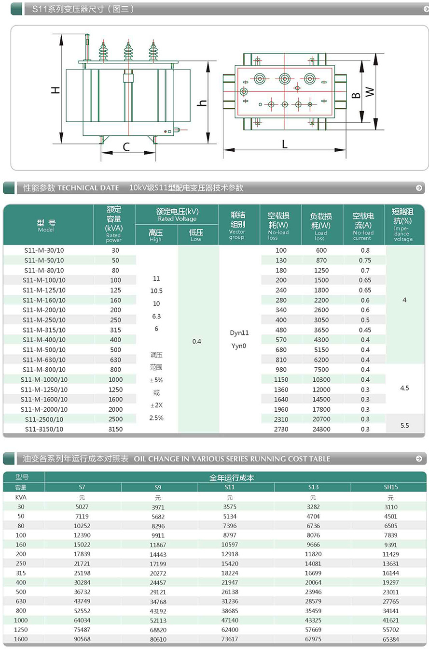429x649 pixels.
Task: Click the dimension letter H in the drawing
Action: [56, 89]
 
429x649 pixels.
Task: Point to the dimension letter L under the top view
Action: [284, 144]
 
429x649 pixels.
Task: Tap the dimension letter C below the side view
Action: [126, 147]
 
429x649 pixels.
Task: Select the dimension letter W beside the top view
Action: [370, 91]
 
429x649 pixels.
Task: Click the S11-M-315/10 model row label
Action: [44, 330]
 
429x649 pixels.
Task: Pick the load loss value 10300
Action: [321, 379]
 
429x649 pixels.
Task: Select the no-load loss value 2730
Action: [281, 429]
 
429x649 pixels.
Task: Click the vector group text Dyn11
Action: [240, 333]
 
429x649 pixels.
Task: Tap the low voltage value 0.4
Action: [197, 341]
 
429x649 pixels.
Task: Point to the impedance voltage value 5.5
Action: [404, 425]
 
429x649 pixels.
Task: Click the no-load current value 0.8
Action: [365, 250]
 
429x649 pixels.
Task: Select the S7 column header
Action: [83, 487]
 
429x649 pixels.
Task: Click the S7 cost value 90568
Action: [83, 639]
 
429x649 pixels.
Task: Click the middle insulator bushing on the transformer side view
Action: [128, 51]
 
